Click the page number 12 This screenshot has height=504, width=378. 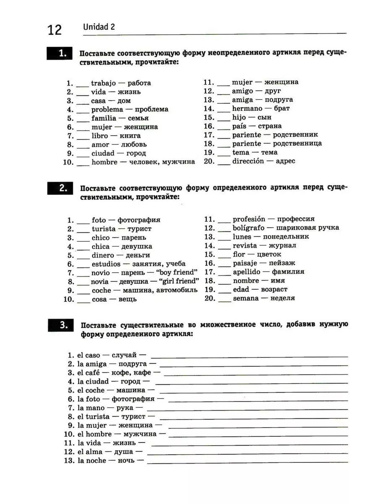[55, 30]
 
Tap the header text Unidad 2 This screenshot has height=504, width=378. [99, 27]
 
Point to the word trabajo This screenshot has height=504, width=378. [103, 83]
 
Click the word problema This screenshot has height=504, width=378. [108, 110]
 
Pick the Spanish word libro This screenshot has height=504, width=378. [100, 136]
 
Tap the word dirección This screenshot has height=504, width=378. [248, 161]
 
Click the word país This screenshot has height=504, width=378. [240, 126]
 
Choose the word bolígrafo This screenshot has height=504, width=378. [249, 228]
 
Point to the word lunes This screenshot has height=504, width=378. [242, 237]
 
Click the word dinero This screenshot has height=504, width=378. [103, 255]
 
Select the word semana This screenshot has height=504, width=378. [246, 298]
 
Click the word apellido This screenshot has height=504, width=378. [247, 272]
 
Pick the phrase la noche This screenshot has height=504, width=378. [91, 461]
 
